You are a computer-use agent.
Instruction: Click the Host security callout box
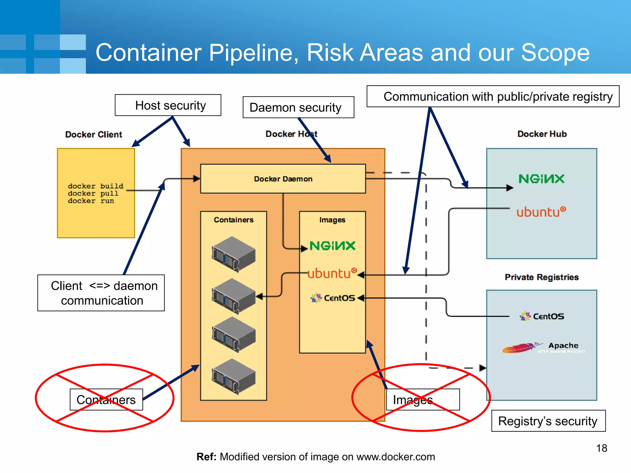[x=168, y=105]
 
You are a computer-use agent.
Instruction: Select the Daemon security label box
[x=298, y=107]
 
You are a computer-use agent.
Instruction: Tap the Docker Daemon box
[x=283, y=179]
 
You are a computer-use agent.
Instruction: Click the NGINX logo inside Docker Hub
[x=541, y=179]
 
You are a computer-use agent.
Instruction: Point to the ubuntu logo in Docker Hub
[x=541, y=212]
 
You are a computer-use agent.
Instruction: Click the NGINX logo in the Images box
[x=332, y=246]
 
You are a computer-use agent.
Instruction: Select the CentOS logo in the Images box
[x=333, y=298]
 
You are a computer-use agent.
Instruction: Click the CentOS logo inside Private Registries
[x=542, y=316]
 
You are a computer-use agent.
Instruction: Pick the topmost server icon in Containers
[x=234, y=254]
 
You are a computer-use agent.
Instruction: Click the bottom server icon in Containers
[x=234, y=376]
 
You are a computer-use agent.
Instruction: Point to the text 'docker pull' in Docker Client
[x=93, y=194]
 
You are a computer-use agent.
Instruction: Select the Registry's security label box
[x=548, y=421]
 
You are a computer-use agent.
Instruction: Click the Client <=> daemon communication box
[x=101, y=293]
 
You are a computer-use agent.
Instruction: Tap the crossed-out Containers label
[x=106, y=400]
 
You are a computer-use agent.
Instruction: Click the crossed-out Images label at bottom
[x=422, y=400]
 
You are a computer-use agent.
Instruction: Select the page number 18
[x=601, y=448]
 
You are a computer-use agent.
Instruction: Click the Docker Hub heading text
[x=542, y=134]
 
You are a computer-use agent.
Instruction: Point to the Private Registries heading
[x=542, y=277]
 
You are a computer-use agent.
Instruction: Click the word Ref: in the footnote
[x=206, y=457]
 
